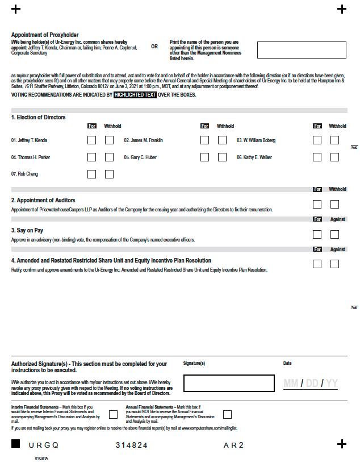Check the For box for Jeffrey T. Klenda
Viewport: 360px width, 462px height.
91,140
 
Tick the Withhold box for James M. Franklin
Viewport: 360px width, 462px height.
222,140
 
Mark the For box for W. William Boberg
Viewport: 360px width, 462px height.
317,140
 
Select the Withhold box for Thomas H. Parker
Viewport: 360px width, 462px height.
109,157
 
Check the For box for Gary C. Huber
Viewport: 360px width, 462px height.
204,157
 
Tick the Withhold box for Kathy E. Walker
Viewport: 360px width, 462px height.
334,157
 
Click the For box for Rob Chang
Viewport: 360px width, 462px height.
91,174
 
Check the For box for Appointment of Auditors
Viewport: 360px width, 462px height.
317,205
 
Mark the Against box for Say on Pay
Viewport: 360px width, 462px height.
334,234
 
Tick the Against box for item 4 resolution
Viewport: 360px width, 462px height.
334,264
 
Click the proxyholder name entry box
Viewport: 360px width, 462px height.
301,50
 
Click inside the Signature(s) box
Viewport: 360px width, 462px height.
229,384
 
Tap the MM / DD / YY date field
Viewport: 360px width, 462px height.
310,384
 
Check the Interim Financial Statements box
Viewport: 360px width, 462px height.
114,415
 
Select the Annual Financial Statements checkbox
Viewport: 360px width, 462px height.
227,415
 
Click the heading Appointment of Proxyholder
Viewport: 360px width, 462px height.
45,35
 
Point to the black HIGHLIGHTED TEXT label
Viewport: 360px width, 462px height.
135,95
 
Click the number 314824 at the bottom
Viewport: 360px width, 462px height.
132,445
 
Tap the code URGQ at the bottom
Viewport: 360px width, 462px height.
44,445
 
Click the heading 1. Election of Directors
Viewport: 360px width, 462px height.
39,117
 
